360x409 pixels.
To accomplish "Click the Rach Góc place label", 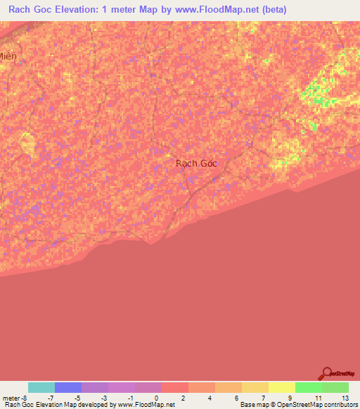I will pyautogui.click(x=196, y=163).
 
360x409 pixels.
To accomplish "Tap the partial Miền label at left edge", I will pyautogui.click(x=8, y=57).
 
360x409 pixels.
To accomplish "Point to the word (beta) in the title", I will pyautogui.click(x=271, y=10).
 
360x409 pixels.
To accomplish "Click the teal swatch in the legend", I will pyautogui.click(x=41, y=387).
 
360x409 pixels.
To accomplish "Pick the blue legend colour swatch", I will pyautogui.click(x=68, y=387).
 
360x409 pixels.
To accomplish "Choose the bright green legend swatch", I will pyautogui.click(x=308, y=387).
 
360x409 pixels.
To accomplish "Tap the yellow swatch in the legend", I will pyautogui.click(x=281, y=387).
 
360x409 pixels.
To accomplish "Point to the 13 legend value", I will pyautogui.click(x=344, y=397).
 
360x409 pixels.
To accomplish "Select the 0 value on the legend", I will pyautogui.click(x=155, y=397).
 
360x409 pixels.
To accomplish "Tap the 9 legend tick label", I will pyautogui.click(x=290, y=397).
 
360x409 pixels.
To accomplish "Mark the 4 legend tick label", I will pyautogui.click(x=208, y=397).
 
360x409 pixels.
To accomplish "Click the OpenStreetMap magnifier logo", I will pyautogui.click(x=326, y=373).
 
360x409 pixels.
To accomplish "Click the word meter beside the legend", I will pyautogui.click(x=11, y=397).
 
